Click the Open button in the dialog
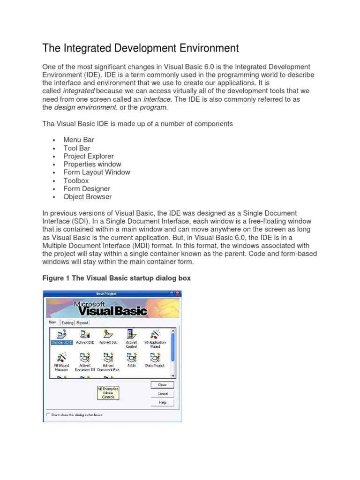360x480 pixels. (x=162, y=385)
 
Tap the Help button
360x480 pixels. (x=162, y=402)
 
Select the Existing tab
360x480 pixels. (x=67, y=322)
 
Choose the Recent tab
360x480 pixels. (x=82, y=322)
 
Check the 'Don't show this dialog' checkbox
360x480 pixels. (x=48, y=414)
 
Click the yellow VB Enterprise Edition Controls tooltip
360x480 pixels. (x=108, y=393)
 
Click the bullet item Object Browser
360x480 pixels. (x=88, y=197)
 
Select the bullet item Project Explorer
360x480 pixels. (x=89, y=156)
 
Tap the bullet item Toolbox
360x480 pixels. (x=76, y=180)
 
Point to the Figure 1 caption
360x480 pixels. (x=116, y=278)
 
